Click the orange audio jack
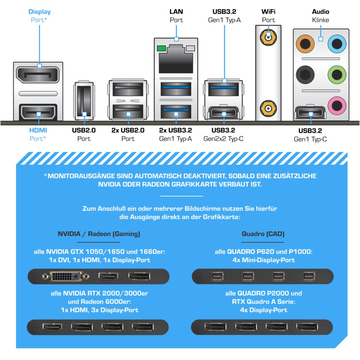pos(305,44)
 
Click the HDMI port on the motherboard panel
pos(38,113)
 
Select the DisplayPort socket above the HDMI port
pos(38,75)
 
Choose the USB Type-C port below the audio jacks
pos(311,113)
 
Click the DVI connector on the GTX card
pos(65,276)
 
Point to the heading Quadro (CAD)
pos(263,234)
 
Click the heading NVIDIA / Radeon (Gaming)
pos(99,234)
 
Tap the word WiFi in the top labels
pos(268,12)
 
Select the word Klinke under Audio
pos(321,20)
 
